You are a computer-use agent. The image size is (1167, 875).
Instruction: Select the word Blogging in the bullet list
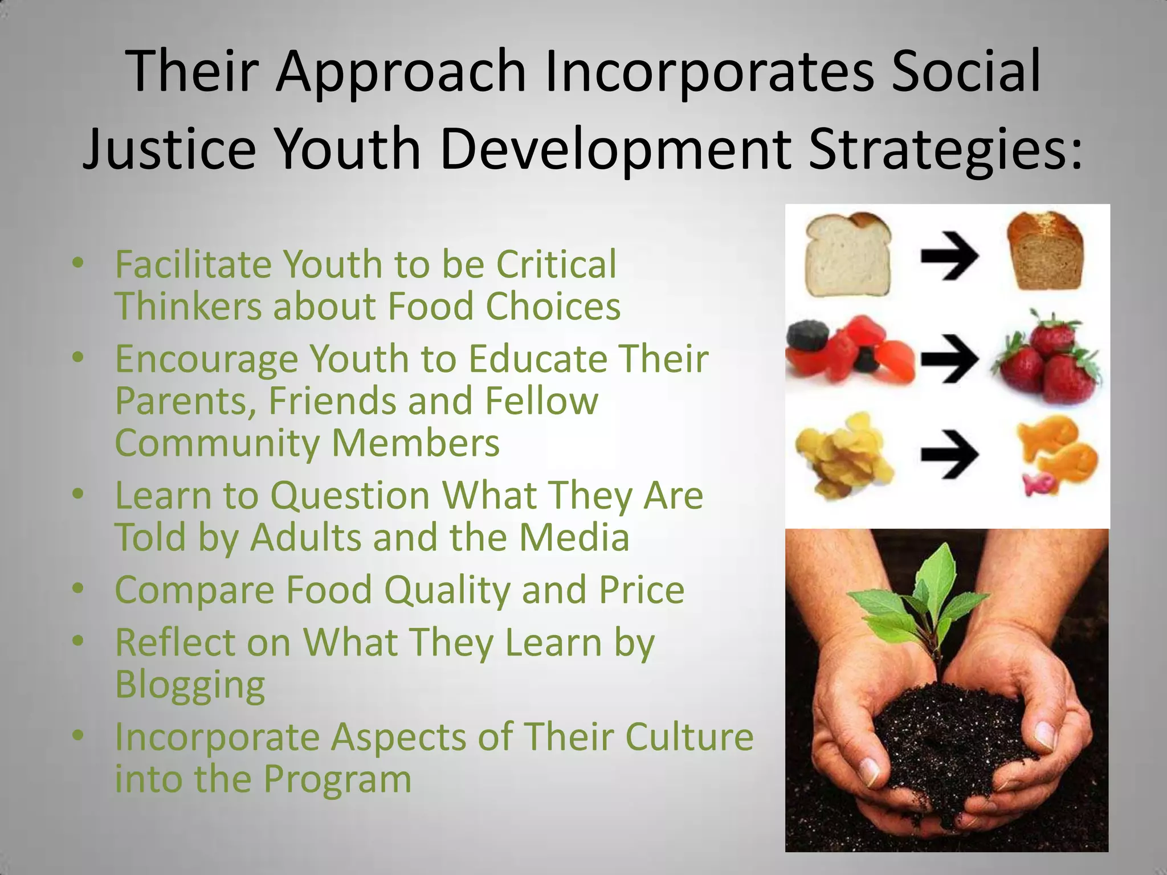190,685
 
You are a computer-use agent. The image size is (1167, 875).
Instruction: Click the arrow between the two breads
949,256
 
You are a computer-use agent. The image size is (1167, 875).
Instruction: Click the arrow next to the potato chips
949,454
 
